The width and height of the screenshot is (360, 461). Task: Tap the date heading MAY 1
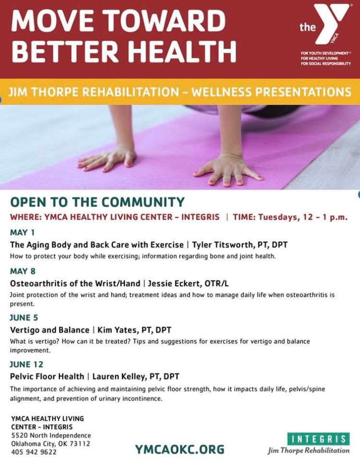pyautogui.click(x=22, y=232)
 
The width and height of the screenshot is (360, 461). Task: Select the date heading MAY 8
pyautogui.click(x=23, y=271)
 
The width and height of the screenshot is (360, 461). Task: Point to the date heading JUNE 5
pyautogui.click(x=24, y=317)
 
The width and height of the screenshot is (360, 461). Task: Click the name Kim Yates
pyautogui.click(x=115, y=330)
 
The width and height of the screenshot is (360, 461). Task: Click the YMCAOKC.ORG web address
pyautogui.click(x=179, y=449)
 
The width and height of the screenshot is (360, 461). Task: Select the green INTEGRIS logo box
pyautogui.click(x=319, y=438)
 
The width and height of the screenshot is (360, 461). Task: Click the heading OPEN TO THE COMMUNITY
pyautogui.click(x=97, y=202)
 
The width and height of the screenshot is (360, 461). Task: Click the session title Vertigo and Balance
pyautogui.click(x=49, y=330)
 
